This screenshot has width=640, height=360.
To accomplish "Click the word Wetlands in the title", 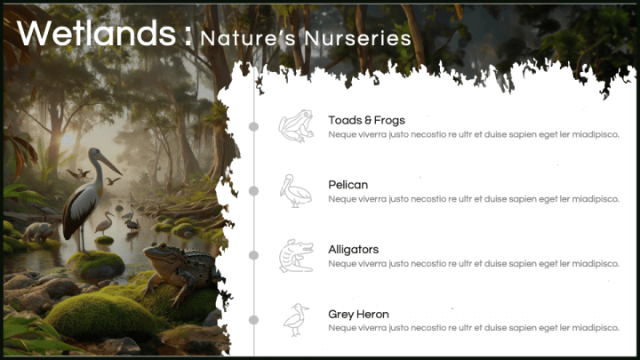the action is click(97, 33).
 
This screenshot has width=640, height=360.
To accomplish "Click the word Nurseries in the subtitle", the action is click(358, 38).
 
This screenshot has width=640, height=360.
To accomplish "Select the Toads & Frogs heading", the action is click(366, 120).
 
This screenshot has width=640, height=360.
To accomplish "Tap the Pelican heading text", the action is click(348, 185).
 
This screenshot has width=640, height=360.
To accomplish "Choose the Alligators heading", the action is click(354, 250).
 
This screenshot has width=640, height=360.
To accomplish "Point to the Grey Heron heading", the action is click(358, 314).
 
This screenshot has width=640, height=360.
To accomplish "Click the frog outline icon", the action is click(296, 125).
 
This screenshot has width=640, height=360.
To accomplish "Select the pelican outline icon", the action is click(295, 190).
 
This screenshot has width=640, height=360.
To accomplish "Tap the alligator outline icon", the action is click(296, 255).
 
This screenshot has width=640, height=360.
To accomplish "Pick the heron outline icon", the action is click(296, 320).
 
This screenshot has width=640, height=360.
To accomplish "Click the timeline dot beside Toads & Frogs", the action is click(253, 126).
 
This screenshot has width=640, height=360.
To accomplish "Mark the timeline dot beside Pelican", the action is click(253, 190).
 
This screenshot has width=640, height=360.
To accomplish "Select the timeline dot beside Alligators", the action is click(253, 255).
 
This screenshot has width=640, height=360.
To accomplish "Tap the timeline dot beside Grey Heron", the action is click(253, 320).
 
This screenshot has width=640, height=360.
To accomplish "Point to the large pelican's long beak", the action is click(108, 163).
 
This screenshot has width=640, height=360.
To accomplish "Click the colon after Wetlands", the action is click(188, 36).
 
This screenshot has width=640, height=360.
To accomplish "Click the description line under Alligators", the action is click(474, 264).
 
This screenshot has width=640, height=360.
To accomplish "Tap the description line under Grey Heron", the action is click(474, 328).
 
